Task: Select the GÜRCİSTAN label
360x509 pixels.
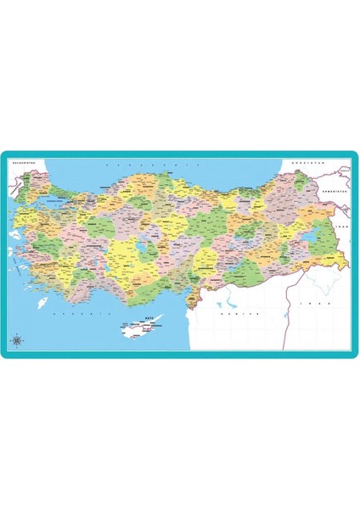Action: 303,160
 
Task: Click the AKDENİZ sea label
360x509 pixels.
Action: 68,314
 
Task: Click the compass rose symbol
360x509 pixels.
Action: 20,340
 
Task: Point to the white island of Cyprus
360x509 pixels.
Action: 140,329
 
